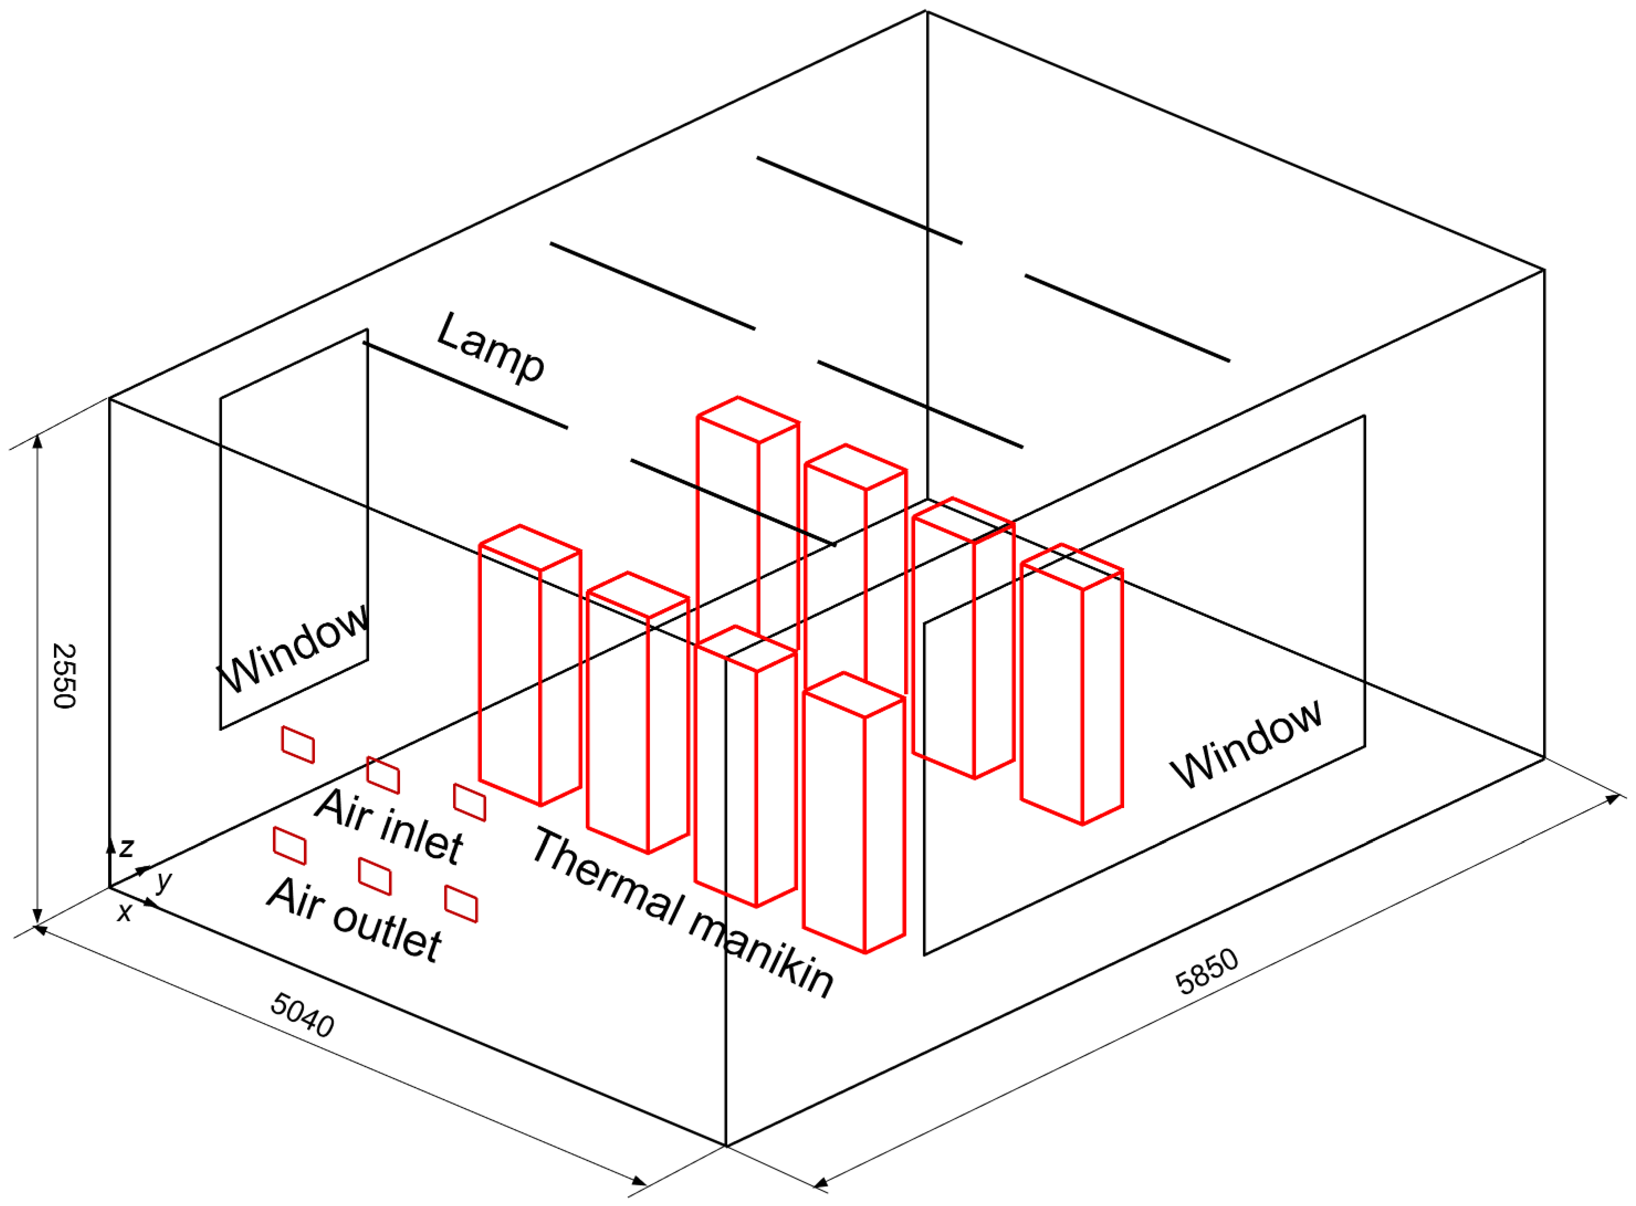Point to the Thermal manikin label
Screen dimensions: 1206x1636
point(682,913)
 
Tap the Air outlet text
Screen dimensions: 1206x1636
point(354,920)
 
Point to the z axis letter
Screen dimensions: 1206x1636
point(127,848)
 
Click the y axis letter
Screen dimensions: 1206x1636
point(164,881)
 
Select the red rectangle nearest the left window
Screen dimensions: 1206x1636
point(298,744)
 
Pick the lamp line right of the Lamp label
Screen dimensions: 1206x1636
point(652,286)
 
